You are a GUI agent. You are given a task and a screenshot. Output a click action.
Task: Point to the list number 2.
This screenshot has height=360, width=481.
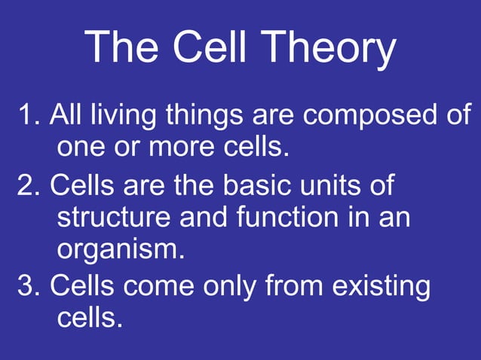click(27, 185)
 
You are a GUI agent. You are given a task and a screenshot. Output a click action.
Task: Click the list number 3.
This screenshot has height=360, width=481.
click(27, 287)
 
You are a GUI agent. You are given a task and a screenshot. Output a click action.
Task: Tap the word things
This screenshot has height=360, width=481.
click(197, 117)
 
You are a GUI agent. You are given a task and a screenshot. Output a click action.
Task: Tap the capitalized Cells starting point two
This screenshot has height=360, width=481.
click(81, 185)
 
